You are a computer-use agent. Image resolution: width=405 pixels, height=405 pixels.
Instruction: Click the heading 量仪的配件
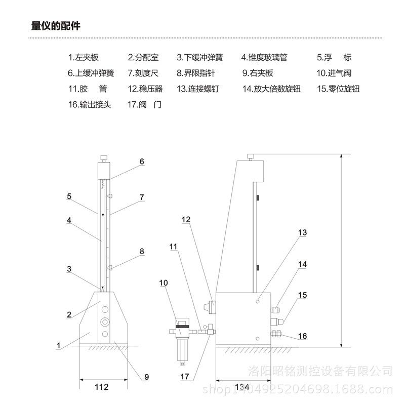tap(56, 26)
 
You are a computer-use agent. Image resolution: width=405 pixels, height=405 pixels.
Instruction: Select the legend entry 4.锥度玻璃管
tap(264, 57)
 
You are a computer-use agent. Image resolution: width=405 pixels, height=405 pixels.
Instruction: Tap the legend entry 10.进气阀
tap(334, 73)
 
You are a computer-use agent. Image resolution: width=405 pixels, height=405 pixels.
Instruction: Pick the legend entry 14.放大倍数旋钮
tap(271, 89)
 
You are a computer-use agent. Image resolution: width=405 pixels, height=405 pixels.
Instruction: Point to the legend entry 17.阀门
tap(144, 105)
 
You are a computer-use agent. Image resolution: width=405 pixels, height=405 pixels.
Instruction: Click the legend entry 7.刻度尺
tap(143, 73)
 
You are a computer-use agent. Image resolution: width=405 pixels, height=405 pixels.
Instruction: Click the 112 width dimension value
tap(102, 387)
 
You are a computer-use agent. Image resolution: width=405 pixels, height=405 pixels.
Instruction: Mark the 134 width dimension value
tap(242, 387)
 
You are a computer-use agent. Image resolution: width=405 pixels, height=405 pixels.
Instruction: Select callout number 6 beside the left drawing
tap(142, 161)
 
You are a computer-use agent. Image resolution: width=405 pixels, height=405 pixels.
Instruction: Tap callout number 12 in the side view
tap(186, 220)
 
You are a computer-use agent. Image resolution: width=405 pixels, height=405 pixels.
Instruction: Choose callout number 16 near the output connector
tap(302, 336)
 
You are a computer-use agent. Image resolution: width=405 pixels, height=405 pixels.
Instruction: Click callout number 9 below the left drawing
tap(146, 377)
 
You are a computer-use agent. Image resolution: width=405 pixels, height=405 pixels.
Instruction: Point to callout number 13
tap(302, 232)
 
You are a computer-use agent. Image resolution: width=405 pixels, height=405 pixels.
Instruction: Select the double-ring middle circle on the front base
tap(105, 321)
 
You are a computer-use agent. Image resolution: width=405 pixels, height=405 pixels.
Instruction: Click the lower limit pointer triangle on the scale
tap(109, 268)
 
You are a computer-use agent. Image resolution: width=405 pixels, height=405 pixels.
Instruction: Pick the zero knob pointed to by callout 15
tap(277, 321)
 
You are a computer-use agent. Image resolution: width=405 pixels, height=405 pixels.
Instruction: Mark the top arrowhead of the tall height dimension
tap(341, 156)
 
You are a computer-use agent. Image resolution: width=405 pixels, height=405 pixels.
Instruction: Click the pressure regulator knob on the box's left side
tap(210, 307)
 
